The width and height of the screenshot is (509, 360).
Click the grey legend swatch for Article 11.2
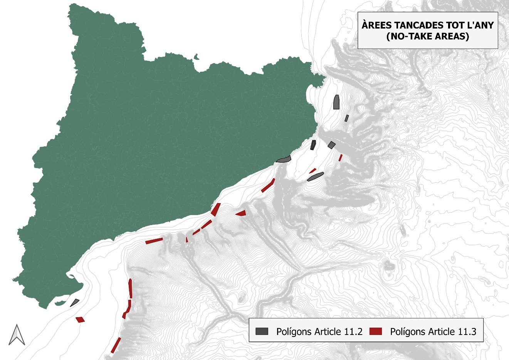[x=262, y=331]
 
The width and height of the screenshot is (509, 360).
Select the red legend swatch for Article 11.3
[x=375, y=331]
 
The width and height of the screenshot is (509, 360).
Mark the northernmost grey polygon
[x=336, y=102]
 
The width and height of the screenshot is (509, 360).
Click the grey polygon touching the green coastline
[x=283, y=159]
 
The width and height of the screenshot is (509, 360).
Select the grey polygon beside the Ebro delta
[x=75, y=303]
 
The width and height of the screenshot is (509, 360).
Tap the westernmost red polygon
[x=80, y=320]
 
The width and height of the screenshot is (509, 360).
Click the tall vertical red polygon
[x=130, y=288]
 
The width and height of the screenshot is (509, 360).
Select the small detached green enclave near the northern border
[x=197, y=58]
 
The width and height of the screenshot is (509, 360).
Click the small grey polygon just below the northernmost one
[x=347, y=118]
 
